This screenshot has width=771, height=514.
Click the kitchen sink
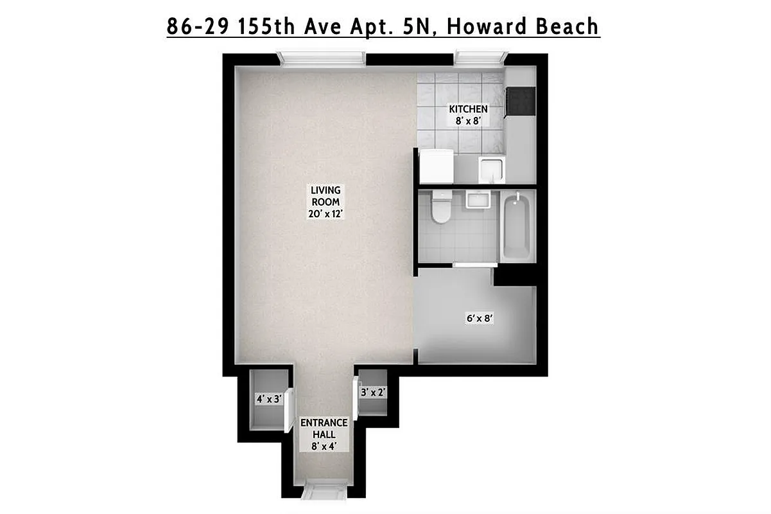point(492,168)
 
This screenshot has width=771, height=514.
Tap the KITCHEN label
point(468,109)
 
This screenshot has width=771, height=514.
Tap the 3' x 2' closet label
point(373,392)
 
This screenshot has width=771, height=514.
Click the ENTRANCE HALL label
point(324,428)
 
